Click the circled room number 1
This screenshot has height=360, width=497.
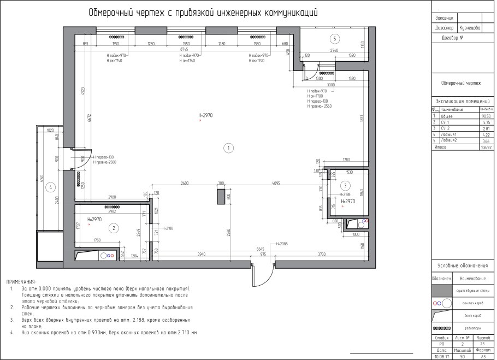(x=229, y=147)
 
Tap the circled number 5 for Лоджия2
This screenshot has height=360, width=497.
(x=335, y=38)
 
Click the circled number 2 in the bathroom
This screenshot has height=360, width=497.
(x=114, y=228)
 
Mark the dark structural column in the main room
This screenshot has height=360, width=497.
(x=221, y=197)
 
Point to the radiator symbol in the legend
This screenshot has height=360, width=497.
(x=441, y=328)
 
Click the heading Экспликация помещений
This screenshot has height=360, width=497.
(x=461, y=101)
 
